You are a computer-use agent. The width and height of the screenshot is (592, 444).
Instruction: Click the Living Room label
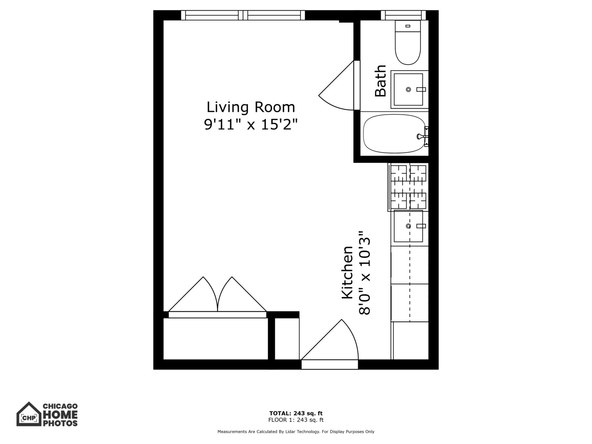250,107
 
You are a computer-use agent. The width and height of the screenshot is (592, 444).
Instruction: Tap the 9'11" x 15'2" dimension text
250,124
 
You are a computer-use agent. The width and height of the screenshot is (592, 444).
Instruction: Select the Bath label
381,81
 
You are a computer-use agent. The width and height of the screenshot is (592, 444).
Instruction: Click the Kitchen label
347,273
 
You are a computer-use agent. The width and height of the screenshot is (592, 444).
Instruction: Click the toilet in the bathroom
408,43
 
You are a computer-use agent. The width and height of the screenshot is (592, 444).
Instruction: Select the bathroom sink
408,89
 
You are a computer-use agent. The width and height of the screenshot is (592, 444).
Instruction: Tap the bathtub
394,134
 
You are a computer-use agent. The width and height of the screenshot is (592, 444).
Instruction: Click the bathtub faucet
423,136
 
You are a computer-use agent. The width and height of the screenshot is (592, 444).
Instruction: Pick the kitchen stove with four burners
408,187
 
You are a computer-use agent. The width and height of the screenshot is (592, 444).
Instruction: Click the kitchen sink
408,226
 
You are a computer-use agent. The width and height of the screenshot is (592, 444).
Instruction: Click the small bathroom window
403,15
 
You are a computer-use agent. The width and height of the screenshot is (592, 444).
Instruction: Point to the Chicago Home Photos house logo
29,414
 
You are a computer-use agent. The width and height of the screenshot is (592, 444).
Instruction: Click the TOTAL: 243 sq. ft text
296,413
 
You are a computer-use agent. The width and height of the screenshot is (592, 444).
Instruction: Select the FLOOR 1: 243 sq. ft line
296,420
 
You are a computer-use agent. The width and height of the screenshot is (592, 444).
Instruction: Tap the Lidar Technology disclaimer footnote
296,432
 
